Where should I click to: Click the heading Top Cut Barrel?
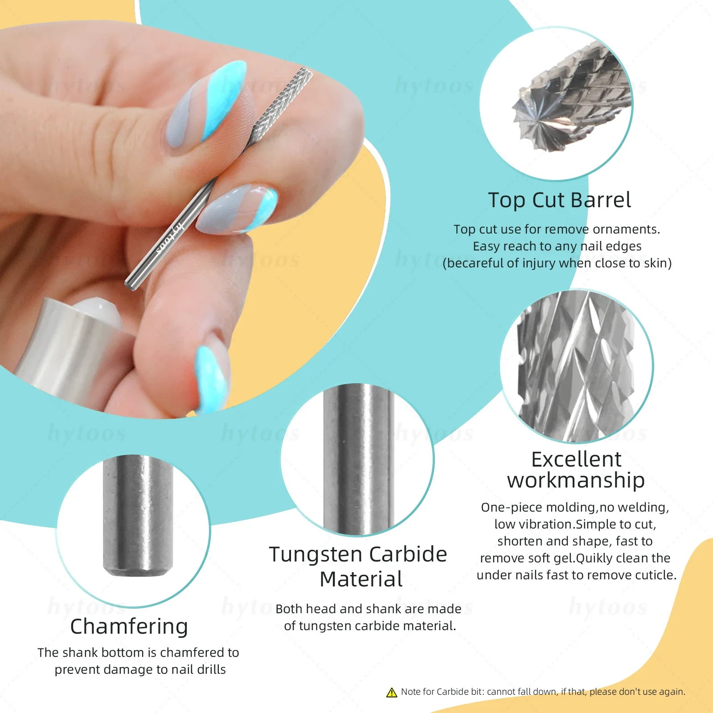click(x=559, y=200)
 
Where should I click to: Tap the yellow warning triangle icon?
click(x=392, y=692)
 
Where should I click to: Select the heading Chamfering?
click(x=129, y=626)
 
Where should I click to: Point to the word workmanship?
click(x=576, y=480)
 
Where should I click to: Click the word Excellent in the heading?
click(x=576, y=459)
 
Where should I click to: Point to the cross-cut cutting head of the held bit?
click(x=281, y=102)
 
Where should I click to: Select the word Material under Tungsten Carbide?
click(x=361, y=579)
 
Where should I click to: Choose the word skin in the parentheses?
click(x=656, y=263)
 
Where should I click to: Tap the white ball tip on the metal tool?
click(x=98, y=310)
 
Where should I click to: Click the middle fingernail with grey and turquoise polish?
click(x=238, y=209)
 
